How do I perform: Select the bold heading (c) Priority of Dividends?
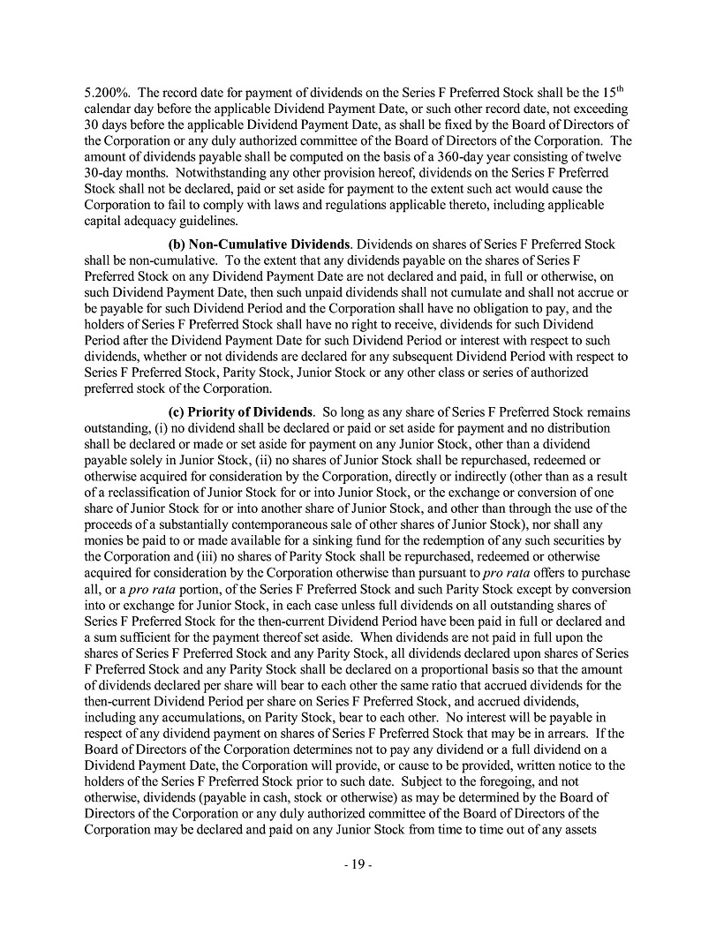[241, 412]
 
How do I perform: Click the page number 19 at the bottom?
[358, 864]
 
